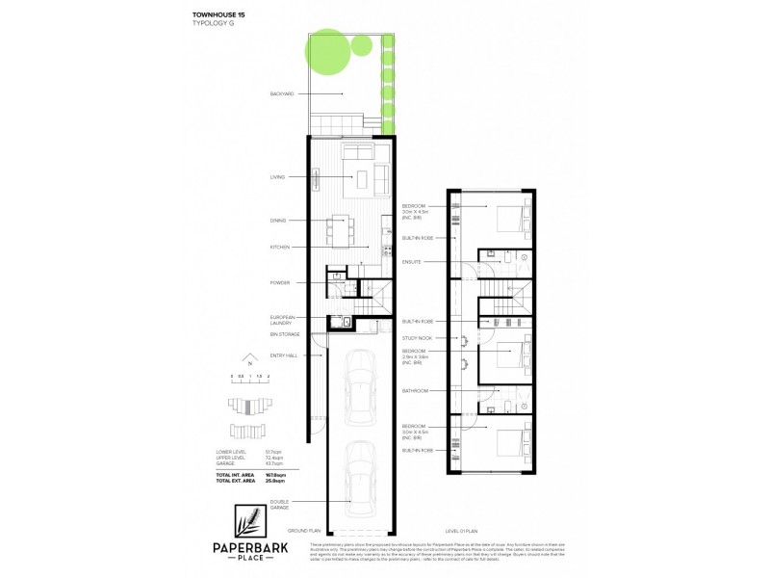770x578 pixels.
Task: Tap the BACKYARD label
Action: pos(283,93)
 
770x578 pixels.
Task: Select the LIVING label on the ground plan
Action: pos(279,177)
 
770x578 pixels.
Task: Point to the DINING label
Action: pos(279,221)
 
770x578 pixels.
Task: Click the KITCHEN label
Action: pos(280,247)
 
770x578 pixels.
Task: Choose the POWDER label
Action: pos(280,282)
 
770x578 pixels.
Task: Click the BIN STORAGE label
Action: pos(285,334)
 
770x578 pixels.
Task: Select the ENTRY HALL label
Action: pos(283,355)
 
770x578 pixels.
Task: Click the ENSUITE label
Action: pos(412,262)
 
